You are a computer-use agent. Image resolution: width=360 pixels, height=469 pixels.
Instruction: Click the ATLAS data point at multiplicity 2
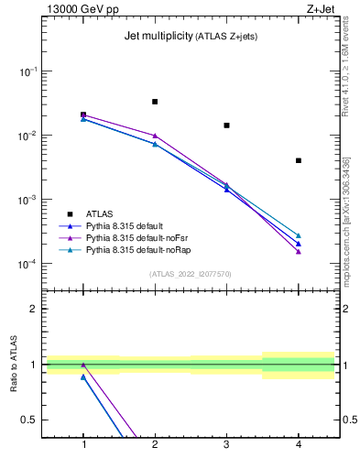(x=155, y=102)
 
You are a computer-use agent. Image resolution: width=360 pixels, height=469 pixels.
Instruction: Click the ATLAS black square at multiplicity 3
(x=226, y=125)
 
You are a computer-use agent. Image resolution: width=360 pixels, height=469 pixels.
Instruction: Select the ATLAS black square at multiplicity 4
(x=299, y=160)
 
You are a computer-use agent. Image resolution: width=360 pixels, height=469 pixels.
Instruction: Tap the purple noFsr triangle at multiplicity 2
(x=155, y=136)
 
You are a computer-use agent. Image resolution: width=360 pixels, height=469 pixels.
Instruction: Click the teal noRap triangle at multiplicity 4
(x=299, y=235)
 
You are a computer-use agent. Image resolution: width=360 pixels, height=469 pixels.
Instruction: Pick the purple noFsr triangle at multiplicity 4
(x=299, y=251)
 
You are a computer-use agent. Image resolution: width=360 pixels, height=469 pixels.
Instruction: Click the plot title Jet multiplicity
(x=157, y=37)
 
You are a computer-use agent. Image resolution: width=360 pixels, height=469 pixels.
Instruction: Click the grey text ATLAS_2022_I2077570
(x=190, y=273)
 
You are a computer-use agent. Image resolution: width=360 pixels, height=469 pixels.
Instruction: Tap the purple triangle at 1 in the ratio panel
(x=83, y=365)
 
